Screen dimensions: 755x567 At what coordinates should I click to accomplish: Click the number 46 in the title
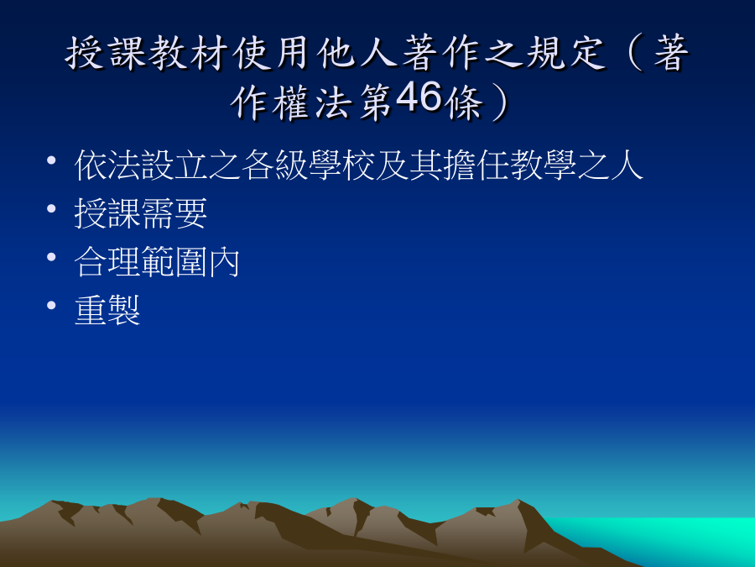[419, 96]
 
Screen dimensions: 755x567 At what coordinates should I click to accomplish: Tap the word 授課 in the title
[106, 53]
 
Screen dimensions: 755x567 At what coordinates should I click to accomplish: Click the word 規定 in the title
[565, 53]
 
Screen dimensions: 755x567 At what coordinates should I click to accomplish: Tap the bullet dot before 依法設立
[51, 160]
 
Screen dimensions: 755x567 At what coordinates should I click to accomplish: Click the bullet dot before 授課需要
[51, 209]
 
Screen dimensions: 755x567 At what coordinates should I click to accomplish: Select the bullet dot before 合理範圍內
[51, 257]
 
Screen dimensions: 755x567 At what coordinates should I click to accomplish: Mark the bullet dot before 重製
[51, 305]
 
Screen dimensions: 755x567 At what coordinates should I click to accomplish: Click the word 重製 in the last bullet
[107, 310]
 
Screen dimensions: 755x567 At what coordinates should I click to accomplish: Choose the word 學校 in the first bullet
[342, 165]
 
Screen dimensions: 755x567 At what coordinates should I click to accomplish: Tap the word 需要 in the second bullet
[174, 213]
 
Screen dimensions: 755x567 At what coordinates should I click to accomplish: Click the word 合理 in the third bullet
[107, 262]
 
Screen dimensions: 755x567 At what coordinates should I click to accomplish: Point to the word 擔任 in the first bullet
[476, 165]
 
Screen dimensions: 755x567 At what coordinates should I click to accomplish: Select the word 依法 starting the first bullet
[107, 165]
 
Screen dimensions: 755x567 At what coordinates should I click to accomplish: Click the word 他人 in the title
[357, 53]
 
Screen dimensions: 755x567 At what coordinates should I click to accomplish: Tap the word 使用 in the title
[273, 53]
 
